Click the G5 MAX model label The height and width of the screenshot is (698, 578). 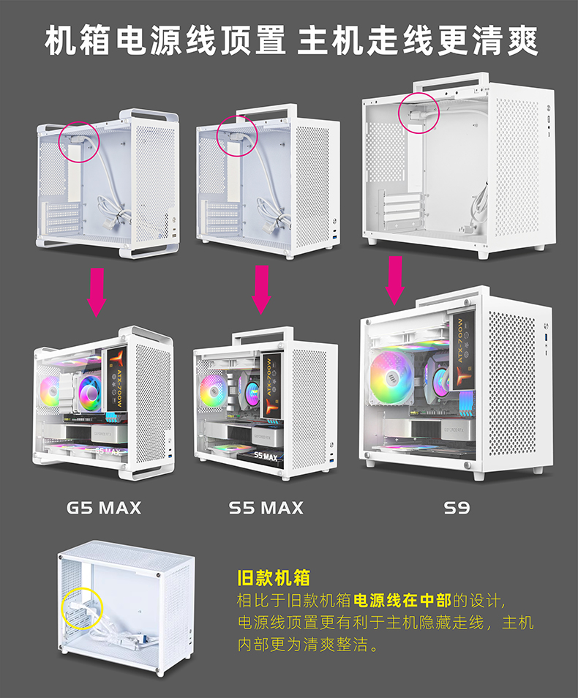pyautogui.click(x=104, y=507)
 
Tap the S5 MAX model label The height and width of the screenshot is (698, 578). pyautogui.click(x=266, y=507)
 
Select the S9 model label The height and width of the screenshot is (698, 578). pyautogui.click(x=457, y=507)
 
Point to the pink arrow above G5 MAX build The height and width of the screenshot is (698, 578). pyautogui.click(x=97, y=291)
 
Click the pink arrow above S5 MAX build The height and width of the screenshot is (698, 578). pyautogui.click(x=261, y=288)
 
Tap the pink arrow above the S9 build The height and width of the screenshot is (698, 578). pyautogui.click(x=395, y=279)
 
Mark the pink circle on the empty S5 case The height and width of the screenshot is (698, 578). pyautogui.click(x=239, y=135)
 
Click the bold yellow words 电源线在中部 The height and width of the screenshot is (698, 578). pyautogui.click(x=402, y=601)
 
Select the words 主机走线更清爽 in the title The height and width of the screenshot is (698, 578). pyautogui.click(x=418, y=41)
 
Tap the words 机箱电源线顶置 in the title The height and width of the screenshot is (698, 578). pyautogui.click(x=165, y=41)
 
